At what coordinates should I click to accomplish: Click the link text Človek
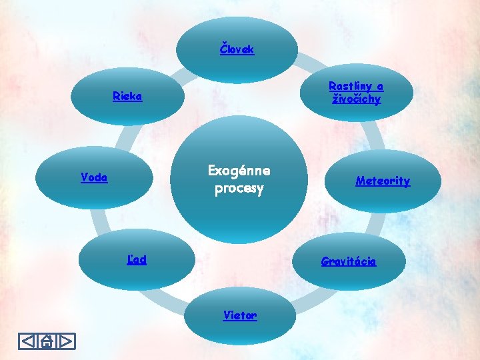(237, 49)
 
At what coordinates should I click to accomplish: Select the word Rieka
(127, 96)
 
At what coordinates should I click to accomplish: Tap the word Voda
(94, 177)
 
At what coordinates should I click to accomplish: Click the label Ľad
(137, 259)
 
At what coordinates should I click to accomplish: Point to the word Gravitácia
(348, 261)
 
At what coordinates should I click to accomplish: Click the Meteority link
(383, 181)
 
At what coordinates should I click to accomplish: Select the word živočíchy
(357, 99)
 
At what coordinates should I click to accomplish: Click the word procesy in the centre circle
(239, 189)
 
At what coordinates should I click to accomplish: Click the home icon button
(47, 341)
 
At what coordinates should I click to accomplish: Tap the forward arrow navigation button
(66, 341)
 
